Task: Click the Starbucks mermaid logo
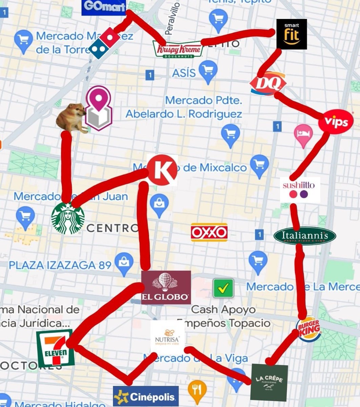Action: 68,219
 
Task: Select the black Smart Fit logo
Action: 292,34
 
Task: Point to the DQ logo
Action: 268,83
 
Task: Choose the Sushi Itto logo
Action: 300,189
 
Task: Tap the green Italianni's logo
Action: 305,236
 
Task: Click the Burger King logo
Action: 309,329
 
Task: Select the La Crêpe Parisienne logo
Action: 269,382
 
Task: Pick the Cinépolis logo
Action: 146,396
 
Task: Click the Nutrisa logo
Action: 167,337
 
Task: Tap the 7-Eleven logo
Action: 55,348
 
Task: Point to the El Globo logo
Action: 166,287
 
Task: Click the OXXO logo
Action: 209,232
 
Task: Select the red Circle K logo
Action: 163,170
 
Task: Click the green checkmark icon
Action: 223,288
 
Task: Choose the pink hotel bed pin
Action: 303,135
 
